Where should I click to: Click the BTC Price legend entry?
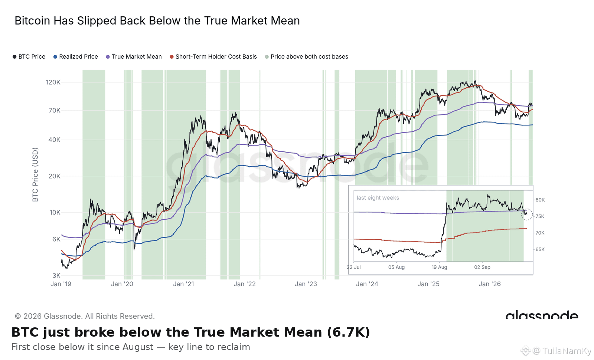click(29, 57)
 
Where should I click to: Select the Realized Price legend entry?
click(76, 57)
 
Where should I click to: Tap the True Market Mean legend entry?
click(134, 57)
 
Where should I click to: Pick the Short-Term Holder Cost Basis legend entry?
click(213, 57)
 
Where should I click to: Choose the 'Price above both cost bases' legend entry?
click(307, 57)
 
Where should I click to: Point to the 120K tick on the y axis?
click(53, 82)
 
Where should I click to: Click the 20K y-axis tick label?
click(54, 176)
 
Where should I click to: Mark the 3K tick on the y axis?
click(56, 275)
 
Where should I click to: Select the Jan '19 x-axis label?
click(61, 284)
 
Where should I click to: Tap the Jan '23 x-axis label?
click(306, 284)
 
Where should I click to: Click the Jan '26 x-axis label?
click(490, 284)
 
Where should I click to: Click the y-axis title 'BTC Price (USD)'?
click(35, 174)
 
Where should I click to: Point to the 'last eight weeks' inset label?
click(378, 198)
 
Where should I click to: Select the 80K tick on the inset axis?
click(540, 200)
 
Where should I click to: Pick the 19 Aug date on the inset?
click(440, 267)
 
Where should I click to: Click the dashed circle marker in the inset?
click(527, 214)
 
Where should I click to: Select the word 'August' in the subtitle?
click(138, 347)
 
